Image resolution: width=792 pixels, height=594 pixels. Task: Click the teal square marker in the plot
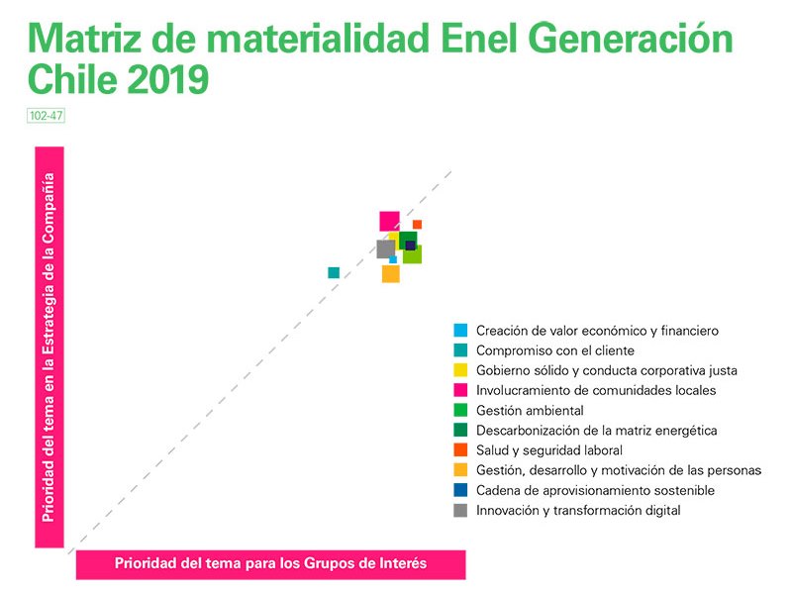334,272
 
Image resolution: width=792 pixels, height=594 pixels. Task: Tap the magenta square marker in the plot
389,222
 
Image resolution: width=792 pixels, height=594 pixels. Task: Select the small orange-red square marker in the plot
417,225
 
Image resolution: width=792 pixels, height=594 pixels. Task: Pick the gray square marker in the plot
385,248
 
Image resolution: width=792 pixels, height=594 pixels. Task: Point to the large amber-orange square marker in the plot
390,274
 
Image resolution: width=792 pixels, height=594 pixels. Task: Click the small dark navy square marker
410,246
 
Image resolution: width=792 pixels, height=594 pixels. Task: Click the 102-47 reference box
47,115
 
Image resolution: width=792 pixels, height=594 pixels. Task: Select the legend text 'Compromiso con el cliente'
554,350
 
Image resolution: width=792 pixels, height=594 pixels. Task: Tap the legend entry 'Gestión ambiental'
530,410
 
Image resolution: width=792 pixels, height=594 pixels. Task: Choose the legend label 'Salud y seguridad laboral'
548,450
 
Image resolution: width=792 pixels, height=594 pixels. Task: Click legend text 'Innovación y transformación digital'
578,511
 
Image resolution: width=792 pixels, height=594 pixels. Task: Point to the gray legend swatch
459,511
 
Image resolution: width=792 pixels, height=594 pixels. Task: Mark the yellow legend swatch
459,370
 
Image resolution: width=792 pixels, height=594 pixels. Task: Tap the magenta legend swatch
459,390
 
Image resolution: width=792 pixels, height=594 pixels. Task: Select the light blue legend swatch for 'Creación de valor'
459,331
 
